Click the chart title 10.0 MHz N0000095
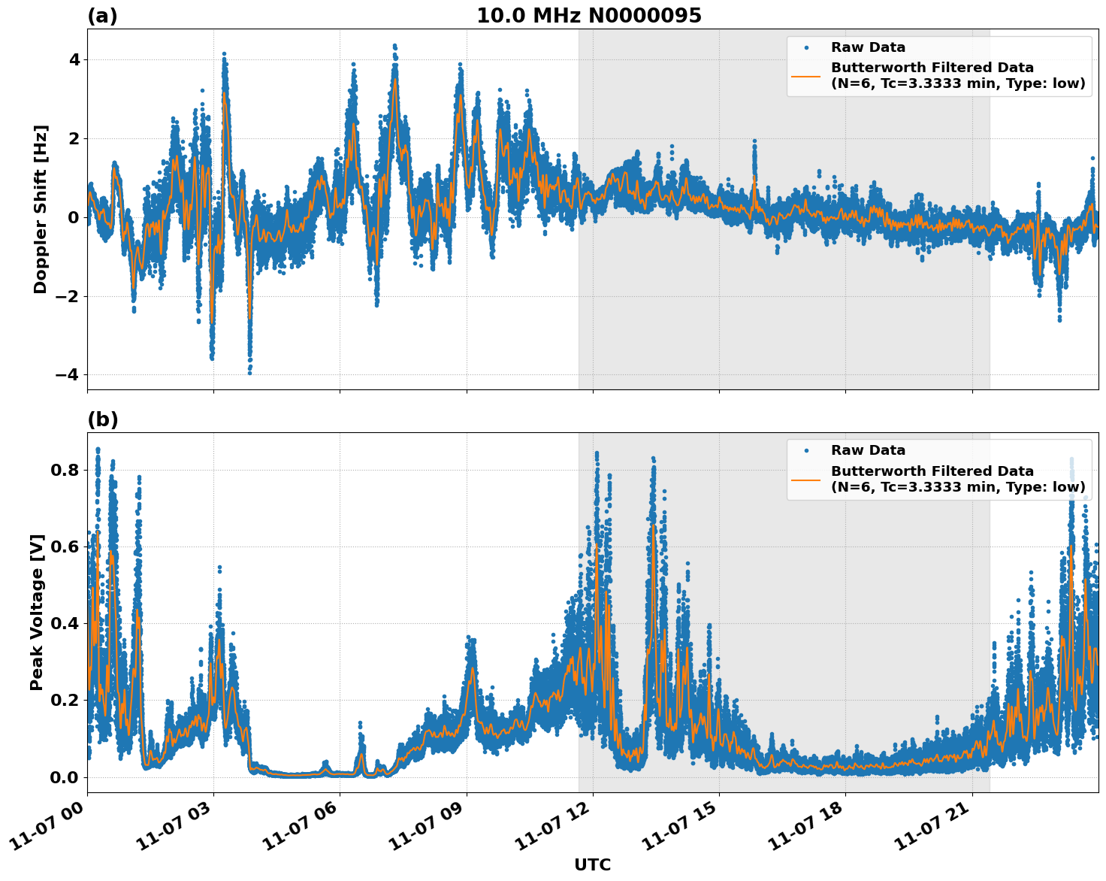pyautogui.click(x=588, y=16)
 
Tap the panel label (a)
pyautogui.click(x=102, y=16)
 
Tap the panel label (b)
pyautogui.click(x=102, y=419)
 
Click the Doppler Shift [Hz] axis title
pyautogui.click(x=41, y=209)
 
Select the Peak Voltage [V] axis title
pyautogui.click(x=37, y=612)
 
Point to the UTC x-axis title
pyautogui.click(x=592, y=864)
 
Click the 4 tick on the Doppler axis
pyautogui.click(x=74, y=60)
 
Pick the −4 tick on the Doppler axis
pyautogui.click(x=68, y=375)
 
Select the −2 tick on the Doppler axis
pyautogui.click(x=68, y=296)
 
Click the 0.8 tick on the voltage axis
pyautogui.click(x=65, y=471)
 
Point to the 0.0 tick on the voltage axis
pyautogui.click(x=65, y=777)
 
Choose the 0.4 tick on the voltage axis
pyautogui.click(x=65, y=624)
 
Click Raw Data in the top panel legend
pyautogui.click(x=868, y=47)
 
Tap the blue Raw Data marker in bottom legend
pyautogui.click(x=805, y=451)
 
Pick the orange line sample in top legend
pyautogui.click(x=805, y=76)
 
